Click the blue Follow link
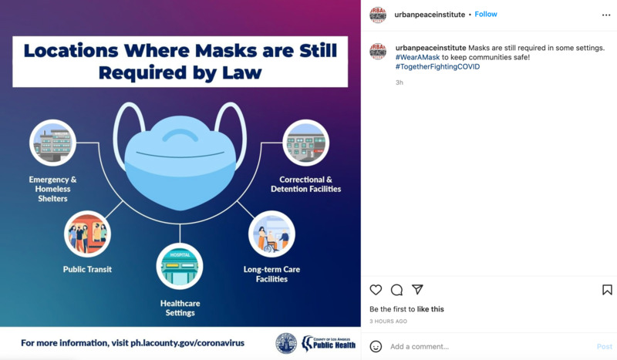click(486, 14)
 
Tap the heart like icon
click(376, 290)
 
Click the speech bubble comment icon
click(396, 290)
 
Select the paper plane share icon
click(417, 290)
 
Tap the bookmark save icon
click(607, 290)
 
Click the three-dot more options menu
click(606, 15)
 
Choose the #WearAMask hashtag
click(417, 58)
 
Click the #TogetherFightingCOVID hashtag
click(437, 67)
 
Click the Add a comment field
click(420, 347)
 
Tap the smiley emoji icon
click(376, 347)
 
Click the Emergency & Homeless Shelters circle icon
click(52, 143)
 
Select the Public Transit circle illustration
click(87, 234)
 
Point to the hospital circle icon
click(180, 267)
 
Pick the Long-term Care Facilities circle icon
click(271, 234)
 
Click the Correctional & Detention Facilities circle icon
click(305, 143)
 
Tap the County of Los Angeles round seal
click(286, 343)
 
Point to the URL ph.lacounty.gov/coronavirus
click(187, 343)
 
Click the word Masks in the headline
click(225, 51)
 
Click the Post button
click(605, 347)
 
